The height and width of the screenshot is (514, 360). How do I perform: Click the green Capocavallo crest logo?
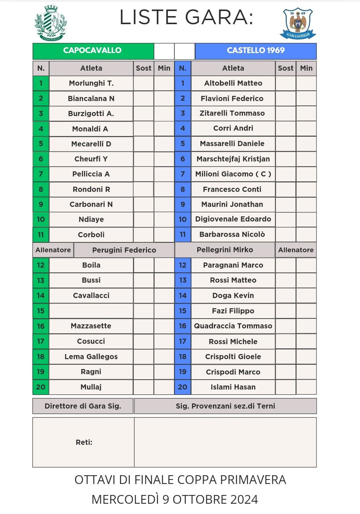point(50,23)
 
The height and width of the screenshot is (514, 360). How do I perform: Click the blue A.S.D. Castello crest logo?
point(298,23)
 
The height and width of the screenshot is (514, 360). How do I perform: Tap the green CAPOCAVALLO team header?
point(93,51)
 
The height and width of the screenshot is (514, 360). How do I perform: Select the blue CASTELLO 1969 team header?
point(256,51)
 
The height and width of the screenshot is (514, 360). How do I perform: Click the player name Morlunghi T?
point(91,83)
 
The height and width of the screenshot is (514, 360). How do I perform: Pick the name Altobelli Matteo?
point(233,83)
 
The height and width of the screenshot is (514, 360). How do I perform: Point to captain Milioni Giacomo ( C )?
point(233,174)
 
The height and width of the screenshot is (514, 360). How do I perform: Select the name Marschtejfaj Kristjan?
point(233,159)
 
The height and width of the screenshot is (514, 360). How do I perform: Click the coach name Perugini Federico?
point(124,250)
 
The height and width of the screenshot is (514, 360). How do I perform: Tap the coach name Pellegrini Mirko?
point(225,250)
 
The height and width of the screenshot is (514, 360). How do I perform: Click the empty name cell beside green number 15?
point(91,311)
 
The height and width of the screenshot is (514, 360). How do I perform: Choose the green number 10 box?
point(41,219)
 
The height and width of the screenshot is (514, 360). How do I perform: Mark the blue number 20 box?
point(183,387)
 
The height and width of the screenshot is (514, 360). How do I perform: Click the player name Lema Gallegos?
point(91,357)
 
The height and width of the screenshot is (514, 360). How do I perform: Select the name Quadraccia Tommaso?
point(233,326)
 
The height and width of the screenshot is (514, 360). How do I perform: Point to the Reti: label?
point(84,442)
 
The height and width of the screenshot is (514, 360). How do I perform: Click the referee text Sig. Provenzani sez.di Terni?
point(225,406)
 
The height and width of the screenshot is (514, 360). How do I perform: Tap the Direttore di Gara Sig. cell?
point(83,406)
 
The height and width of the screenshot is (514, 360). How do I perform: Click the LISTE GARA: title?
point(186,17)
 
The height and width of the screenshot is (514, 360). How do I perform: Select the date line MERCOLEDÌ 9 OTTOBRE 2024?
point(175,499)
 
